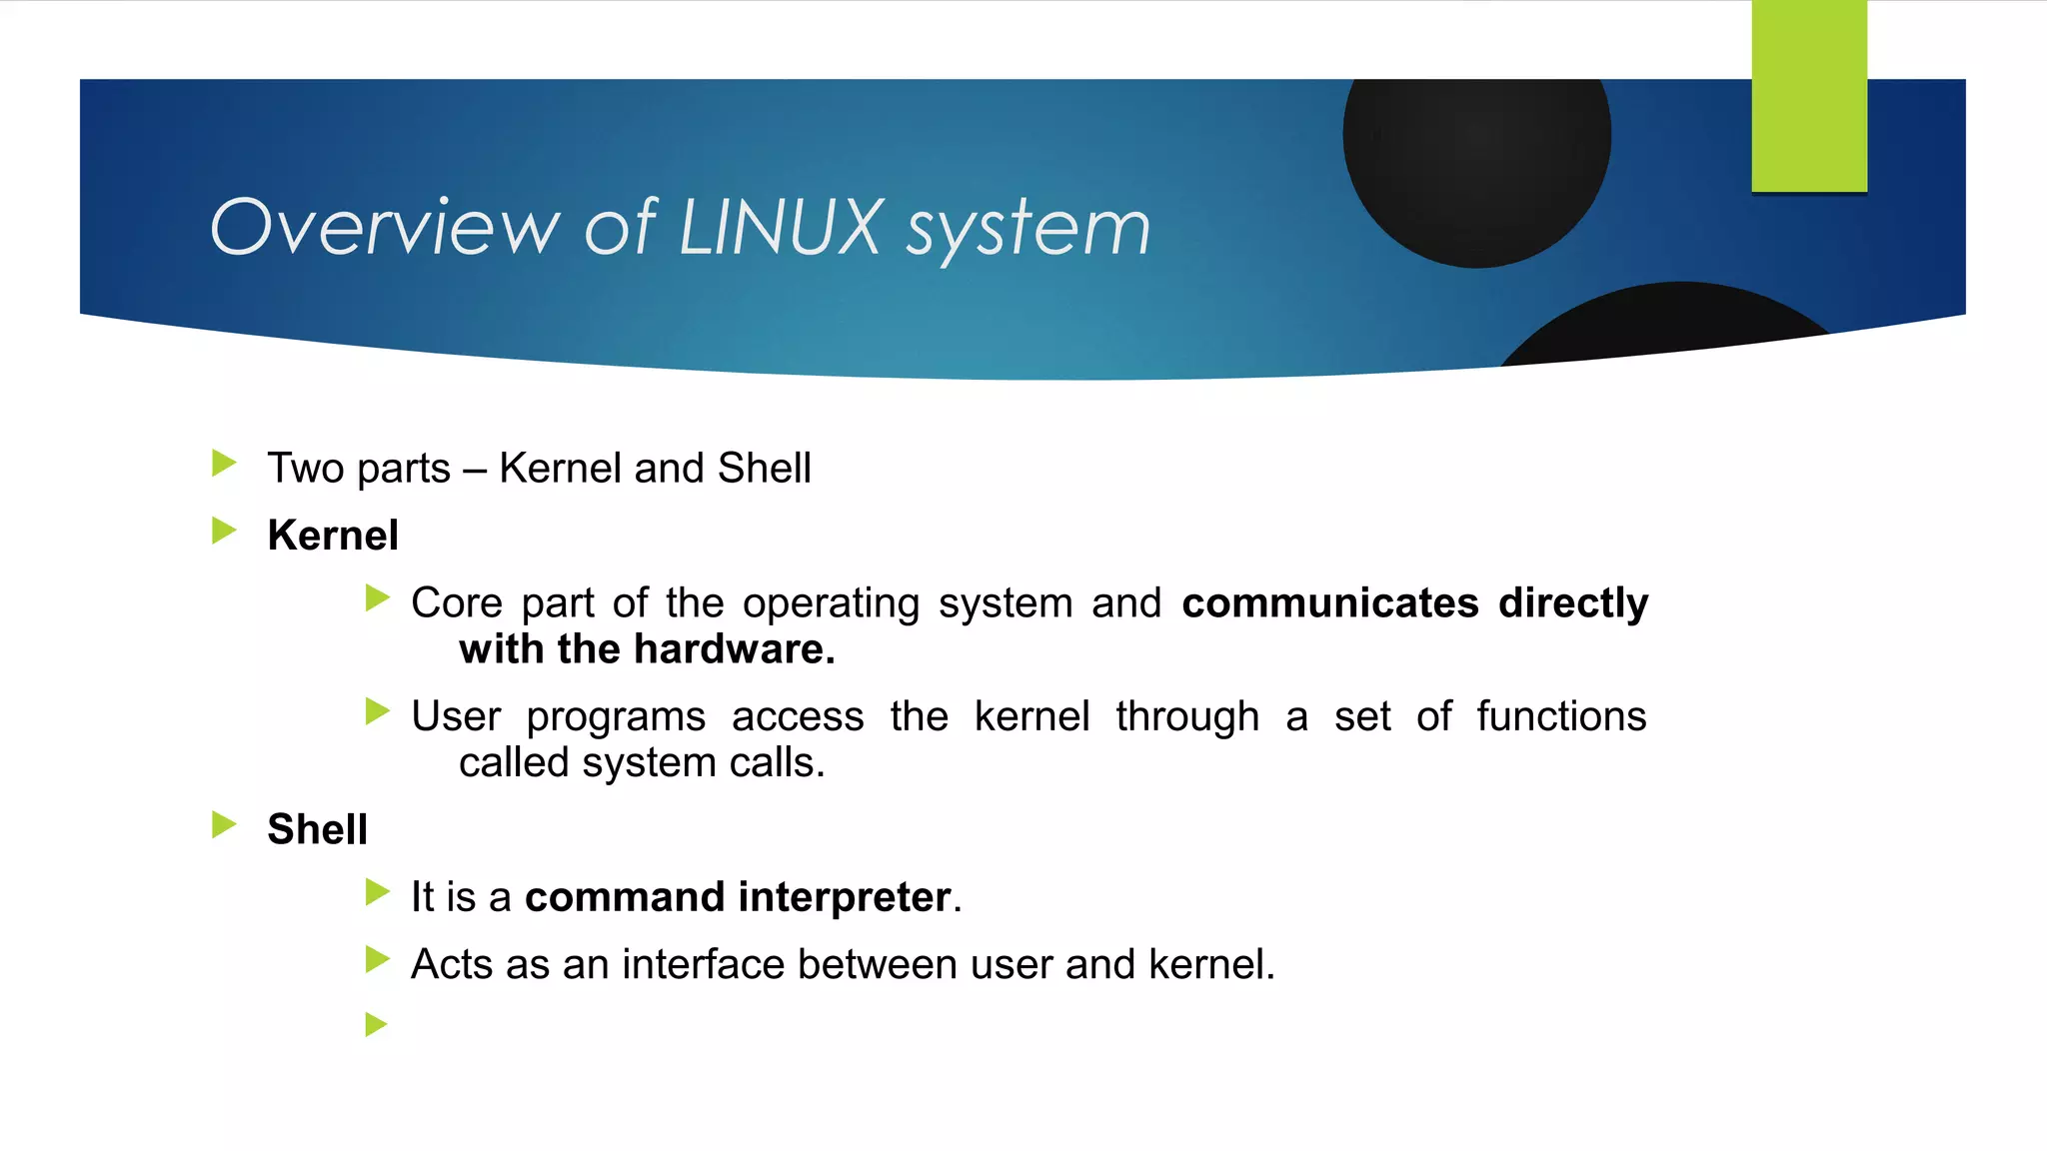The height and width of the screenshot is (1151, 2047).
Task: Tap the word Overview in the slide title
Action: pyautogui.click(x=385, y=228)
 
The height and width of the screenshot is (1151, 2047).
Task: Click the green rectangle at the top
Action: pyautogui.click(x=1809, y=96)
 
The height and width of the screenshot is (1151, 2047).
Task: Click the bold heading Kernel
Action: pyautogui.click(x=333, y=536)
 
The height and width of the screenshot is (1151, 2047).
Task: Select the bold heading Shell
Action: pyautogui.click(x=317, y=829)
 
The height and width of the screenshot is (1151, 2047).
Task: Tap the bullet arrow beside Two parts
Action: pyautogui.click(x=224, y=463)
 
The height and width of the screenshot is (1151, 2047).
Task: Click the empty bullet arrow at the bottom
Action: pyautogui.click(x=376, y=1024)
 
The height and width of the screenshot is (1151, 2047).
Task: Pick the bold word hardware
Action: pyautogui.click(x=734, y=649)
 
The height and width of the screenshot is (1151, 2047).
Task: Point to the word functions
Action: pyautogui.click(x=1561, y=716)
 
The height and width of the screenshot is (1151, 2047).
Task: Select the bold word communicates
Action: pyautogui.click(x=1329, y=603)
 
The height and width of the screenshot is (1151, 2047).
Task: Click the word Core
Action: pyautogui.click(x=457, y=603)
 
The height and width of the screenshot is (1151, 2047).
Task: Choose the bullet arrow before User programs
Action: pyautogui.click(x=376, y=711)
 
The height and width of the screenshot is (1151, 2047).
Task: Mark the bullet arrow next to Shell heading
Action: pyautogui.click(x=224, y=824)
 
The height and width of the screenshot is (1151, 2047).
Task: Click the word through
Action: pyautogui.click(x=1187, y=716)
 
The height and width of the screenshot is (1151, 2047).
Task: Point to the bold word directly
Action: pyautogui.click(x=1573, y=603)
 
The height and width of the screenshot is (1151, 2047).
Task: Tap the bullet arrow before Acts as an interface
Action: pyautogui.click(x=376, y=959)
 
